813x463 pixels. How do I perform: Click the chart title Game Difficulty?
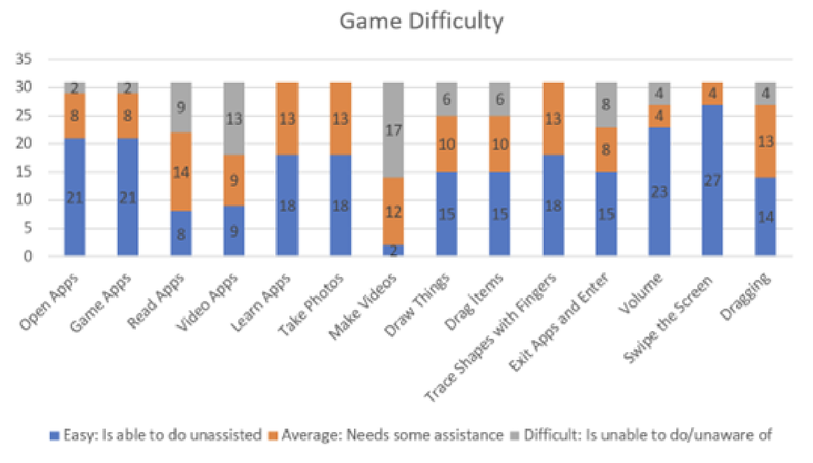click(421, 22)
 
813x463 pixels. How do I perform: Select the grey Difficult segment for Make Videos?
click(394, 130)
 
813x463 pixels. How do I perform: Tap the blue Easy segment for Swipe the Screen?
click(712, 180)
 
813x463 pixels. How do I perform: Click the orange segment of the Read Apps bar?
click(181, 171)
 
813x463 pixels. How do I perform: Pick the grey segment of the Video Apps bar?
click(234, 119)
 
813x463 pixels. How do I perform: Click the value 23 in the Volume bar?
click(659, 192)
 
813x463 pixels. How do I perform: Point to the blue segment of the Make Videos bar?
click(394, 250)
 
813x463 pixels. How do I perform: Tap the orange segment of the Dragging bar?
click(765, 142)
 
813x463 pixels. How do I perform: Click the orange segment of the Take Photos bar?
click(341, 119)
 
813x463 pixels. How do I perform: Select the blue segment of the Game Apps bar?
click(128, 197)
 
